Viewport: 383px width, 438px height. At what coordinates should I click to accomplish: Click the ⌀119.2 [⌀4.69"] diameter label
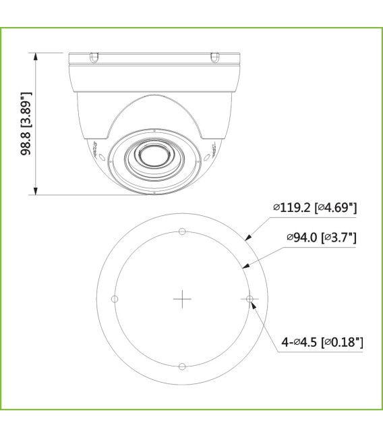click(315, 207)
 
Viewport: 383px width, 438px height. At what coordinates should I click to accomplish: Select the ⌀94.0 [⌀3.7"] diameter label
click(321, 238)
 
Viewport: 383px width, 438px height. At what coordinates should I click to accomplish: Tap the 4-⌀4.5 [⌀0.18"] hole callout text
click(323, 343)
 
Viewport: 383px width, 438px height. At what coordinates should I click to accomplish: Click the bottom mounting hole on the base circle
click(182, 366)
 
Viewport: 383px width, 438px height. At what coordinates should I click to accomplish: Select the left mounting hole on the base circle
click(115, 298)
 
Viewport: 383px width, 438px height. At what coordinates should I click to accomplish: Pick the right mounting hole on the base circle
click(249, 298)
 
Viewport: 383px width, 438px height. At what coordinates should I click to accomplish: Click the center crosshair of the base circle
click(182, 298)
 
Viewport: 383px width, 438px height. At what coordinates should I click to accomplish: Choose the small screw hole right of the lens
click(200, 160)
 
